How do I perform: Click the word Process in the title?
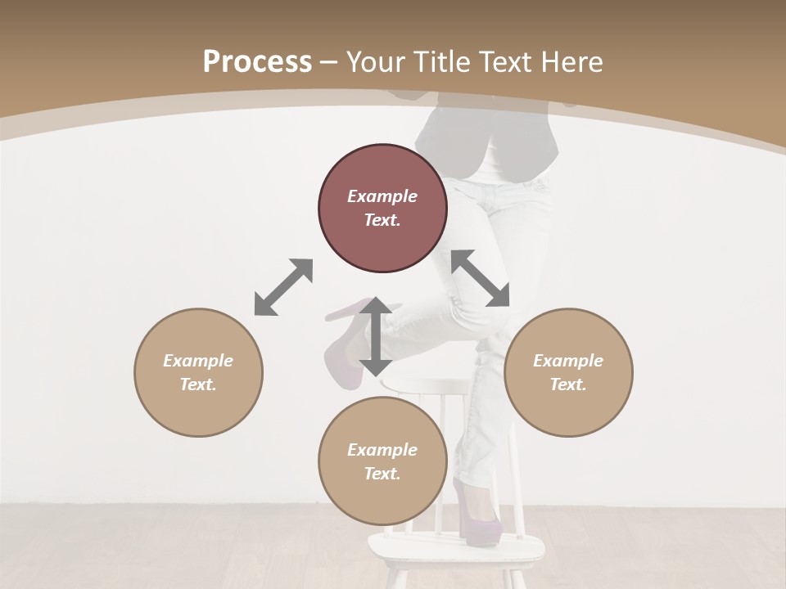[x=257, y=62]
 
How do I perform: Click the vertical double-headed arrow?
[x=376, y=337]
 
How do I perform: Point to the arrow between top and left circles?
[x=283, y=287]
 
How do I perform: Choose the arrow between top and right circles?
[x=481, y=278]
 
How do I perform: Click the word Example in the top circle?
[x=382, y=196]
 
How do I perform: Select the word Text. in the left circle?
[x=198, y=384]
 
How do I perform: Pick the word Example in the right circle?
[x=568, y=361]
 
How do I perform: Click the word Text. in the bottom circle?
[x=382, y=474]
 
